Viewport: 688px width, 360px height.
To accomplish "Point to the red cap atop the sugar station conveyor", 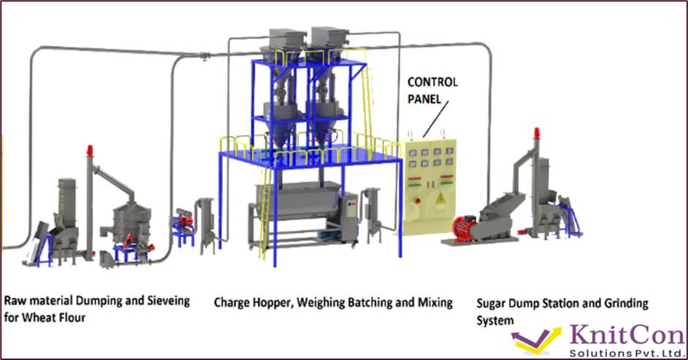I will [537, 134].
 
